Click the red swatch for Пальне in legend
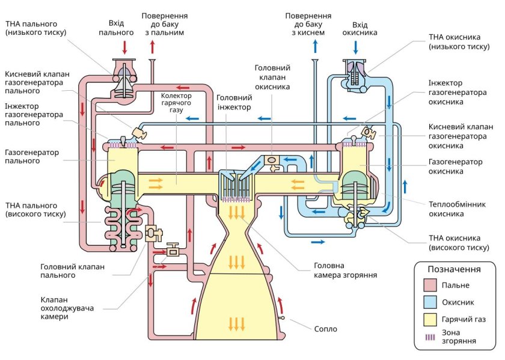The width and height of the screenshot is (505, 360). click(x=429, y=285)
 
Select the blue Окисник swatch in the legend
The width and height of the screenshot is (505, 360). click(x=429, y=302)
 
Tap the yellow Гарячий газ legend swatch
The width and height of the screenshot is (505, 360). click(x=429, y=319)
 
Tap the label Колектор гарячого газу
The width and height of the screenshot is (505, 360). click(x=176, y=103)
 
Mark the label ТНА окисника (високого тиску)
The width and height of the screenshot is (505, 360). click(x=458, y=243)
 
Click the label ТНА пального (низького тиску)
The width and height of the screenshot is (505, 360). click(x=37, y=28)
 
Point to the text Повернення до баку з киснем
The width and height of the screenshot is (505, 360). click(x=308, y=23)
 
